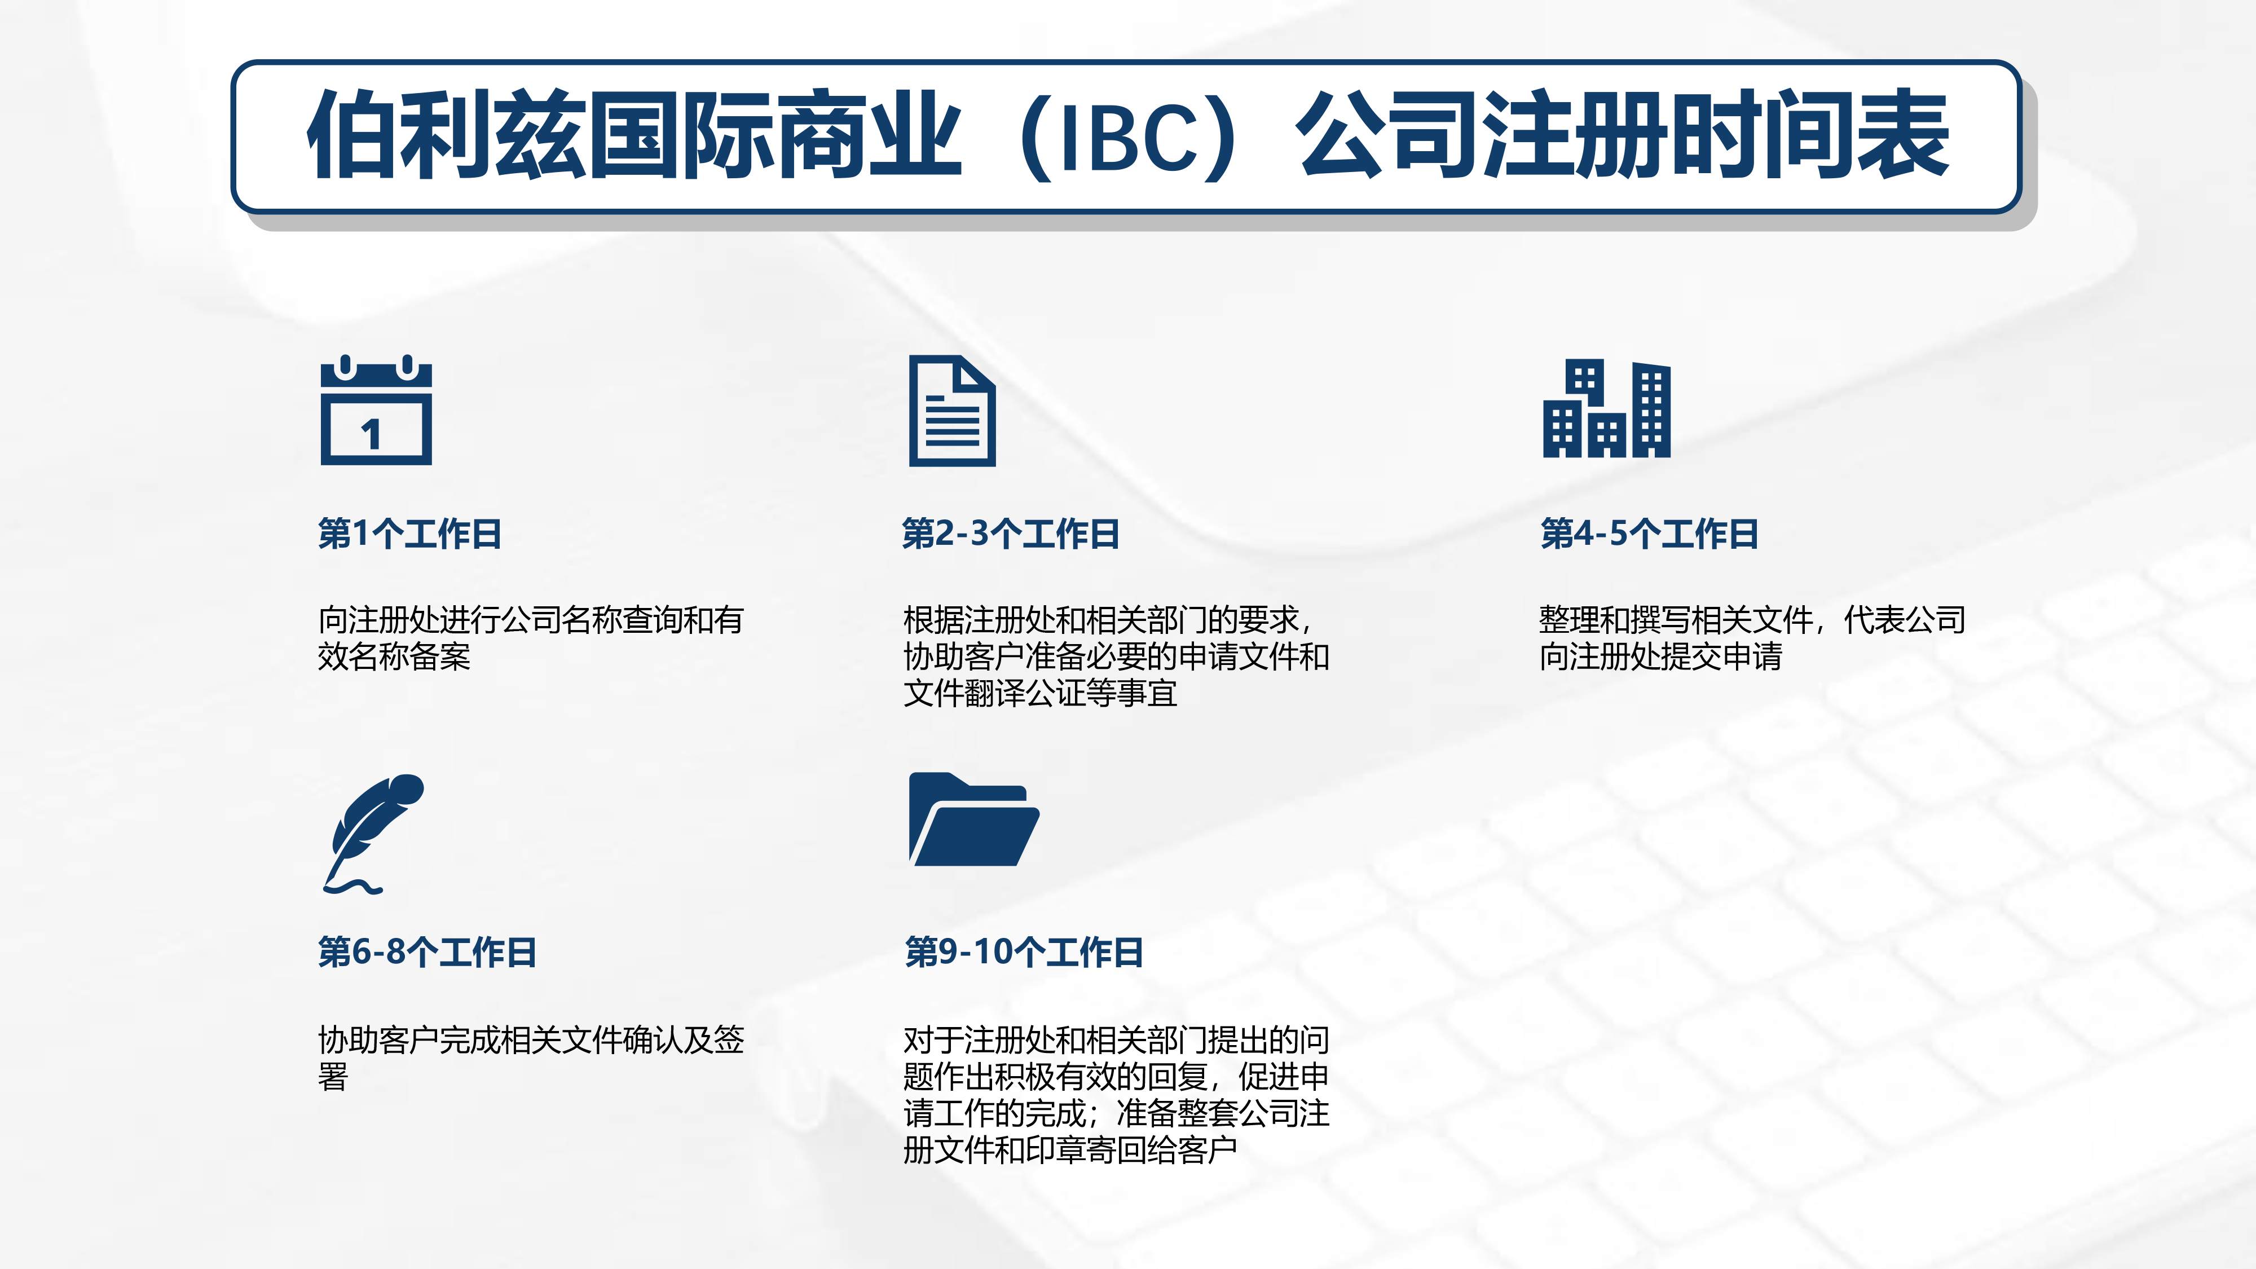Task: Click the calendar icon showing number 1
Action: (376, 410)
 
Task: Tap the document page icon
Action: (952, 411)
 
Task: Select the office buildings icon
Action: (1606, 408)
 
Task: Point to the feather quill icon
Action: (372, 834)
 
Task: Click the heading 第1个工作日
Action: (410, 534)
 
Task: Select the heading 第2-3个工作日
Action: (1011, 534)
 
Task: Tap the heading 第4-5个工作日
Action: (1649, 534)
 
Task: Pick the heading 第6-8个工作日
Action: (428, 952)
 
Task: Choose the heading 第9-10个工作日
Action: (1024, 952)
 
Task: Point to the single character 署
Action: (333, 1076)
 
